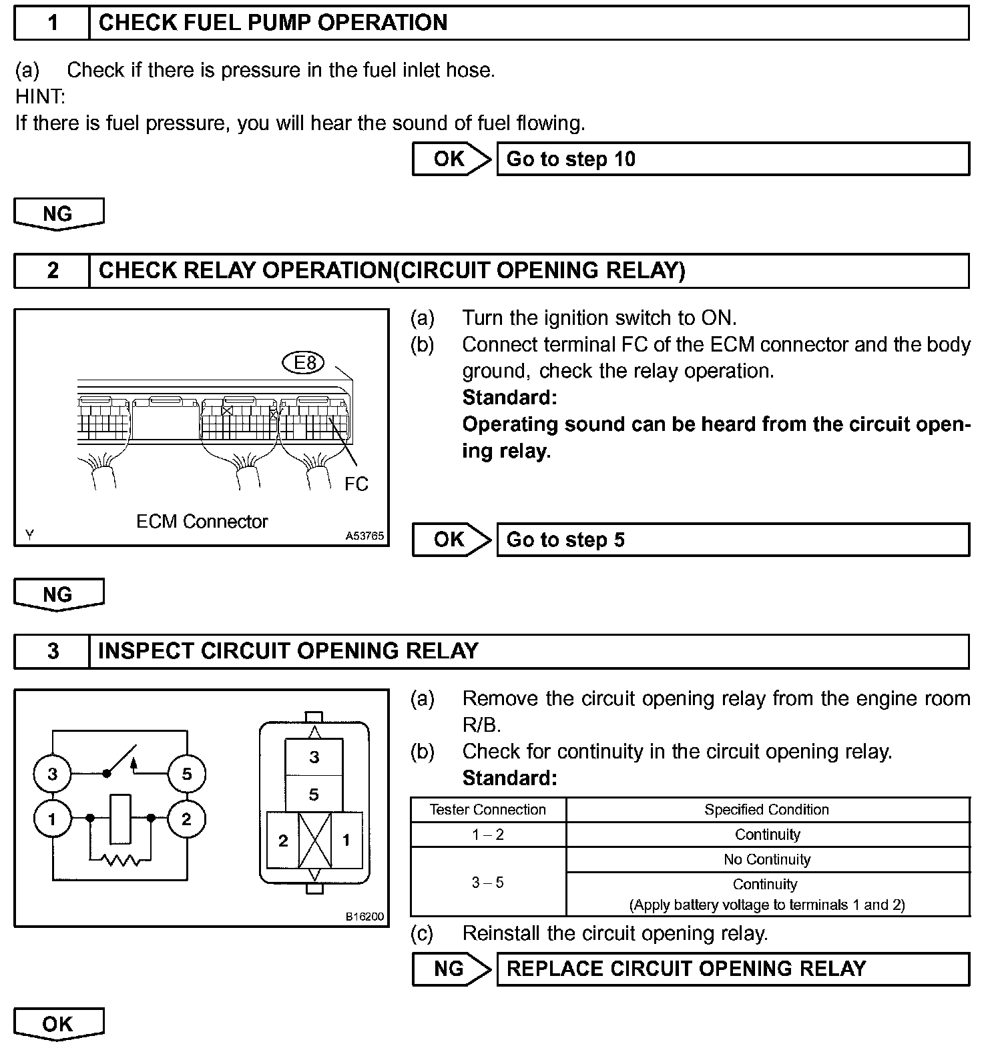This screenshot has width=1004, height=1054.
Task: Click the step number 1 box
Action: click(52, 23)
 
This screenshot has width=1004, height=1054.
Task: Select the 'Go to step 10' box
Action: click(732, 159)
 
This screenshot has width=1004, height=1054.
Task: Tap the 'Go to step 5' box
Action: click(732, 540)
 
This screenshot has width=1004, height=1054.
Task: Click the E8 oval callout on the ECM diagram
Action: click(304, 363)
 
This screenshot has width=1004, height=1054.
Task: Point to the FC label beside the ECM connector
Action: click(356, 484)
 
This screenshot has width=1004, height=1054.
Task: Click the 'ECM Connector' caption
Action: click(202, 522)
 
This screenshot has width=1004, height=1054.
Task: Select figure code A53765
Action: click(364, 536)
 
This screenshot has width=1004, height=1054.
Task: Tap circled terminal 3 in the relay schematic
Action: click(52, 774)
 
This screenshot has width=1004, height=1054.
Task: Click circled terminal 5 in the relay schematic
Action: click(186, 774)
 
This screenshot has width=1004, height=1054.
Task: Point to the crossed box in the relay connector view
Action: click(314, 841)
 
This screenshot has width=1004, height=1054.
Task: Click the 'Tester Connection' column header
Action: click(488, 810)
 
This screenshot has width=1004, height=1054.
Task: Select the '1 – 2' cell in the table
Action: click(488, 835)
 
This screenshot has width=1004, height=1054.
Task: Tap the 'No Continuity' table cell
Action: click(767, 860)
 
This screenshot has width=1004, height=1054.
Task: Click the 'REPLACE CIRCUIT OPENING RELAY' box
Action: click(732, 969)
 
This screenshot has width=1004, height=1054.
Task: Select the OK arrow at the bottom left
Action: click(58, 1024)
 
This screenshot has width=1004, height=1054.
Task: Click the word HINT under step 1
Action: click(40, 97)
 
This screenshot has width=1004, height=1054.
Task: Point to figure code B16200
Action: click(364, 917)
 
